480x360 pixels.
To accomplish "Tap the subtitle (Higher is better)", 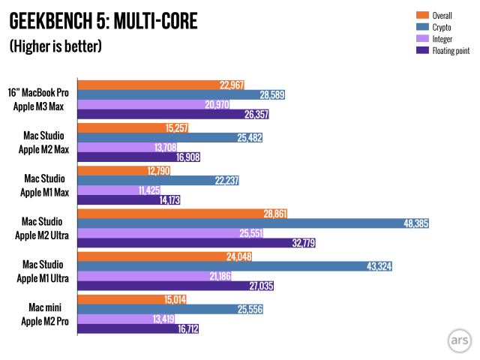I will (x=55, y=46).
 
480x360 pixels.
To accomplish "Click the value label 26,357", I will (x=254, y=115).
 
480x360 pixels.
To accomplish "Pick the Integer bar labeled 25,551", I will (x=150, y=233).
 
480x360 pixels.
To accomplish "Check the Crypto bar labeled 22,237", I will (x=150, y=180).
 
